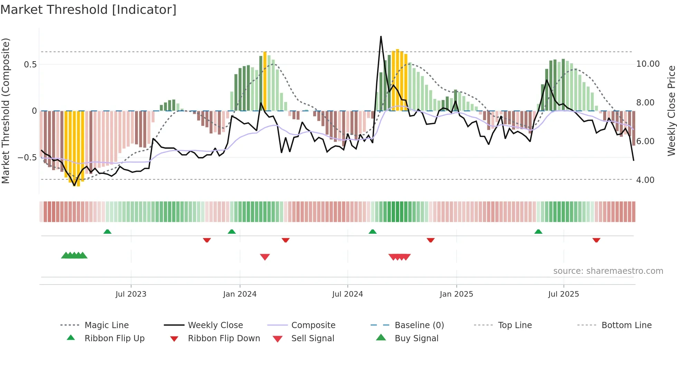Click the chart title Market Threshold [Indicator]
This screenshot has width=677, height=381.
(x=88, y=10)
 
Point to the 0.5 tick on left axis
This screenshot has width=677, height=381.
(x=30, y=65)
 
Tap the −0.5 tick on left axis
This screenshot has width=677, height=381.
(x=27, y=158)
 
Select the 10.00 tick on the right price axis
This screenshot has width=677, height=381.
(x=648, y=64)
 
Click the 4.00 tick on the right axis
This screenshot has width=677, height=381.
(x=645, y=180)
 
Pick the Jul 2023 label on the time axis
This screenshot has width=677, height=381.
(x=131, y=294)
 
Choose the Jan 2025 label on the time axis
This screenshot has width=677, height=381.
(x=456, y=294)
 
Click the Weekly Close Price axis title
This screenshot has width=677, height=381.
(x=671, y=111)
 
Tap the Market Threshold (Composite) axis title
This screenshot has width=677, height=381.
(x=6, y=111)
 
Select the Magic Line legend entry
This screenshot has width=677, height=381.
(x=106, y=325)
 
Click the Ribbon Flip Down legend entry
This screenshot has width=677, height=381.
(x=223, y=338)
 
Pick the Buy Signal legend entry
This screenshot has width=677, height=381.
(x=416, y=338)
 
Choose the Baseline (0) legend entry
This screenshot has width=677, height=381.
(x=419, y=325)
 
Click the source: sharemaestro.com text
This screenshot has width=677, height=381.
(x=608, y=271)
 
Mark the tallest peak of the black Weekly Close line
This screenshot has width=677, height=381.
(x=381, y=37)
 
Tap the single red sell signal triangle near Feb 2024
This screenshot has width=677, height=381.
(x=265, y=257)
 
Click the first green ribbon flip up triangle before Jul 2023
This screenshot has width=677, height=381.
(x=107, y=232)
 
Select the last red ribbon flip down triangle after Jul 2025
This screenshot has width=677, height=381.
(x=596, y=240)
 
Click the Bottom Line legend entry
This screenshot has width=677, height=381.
(x=626, y=325)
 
